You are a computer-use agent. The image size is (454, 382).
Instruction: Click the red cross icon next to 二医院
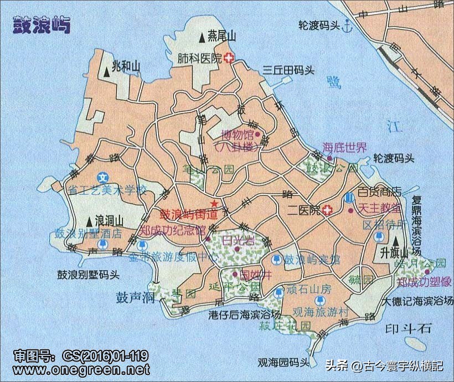coord(328,210)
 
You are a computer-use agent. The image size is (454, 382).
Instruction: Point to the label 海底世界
coord(344,147)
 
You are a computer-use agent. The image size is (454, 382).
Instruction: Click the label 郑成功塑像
coord(425,282)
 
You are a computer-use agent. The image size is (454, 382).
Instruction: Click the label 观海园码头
coord(283,363)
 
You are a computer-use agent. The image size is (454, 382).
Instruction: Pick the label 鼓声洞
coord(135,297)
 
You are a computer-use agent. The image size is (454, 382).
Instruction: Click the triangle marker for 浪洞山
coord(89,218)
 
